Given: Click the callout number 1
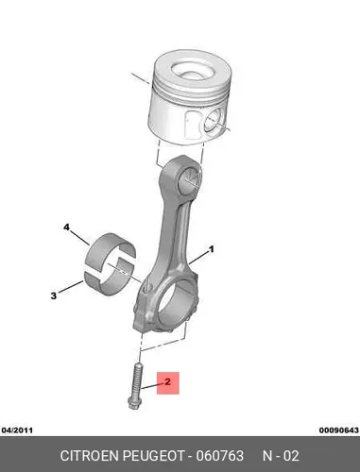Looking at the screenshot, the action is point(212,249).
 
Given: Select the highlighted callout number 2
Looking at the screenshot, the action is point(168,382).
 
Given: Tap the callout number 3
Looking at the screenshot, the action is point(54,295).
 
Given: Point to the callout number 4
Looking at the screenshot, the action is point(67,228).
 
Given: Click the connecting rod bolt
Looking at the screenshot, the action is point(136,386).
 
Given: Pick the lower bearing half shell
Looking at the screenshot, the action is point(109,281).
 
